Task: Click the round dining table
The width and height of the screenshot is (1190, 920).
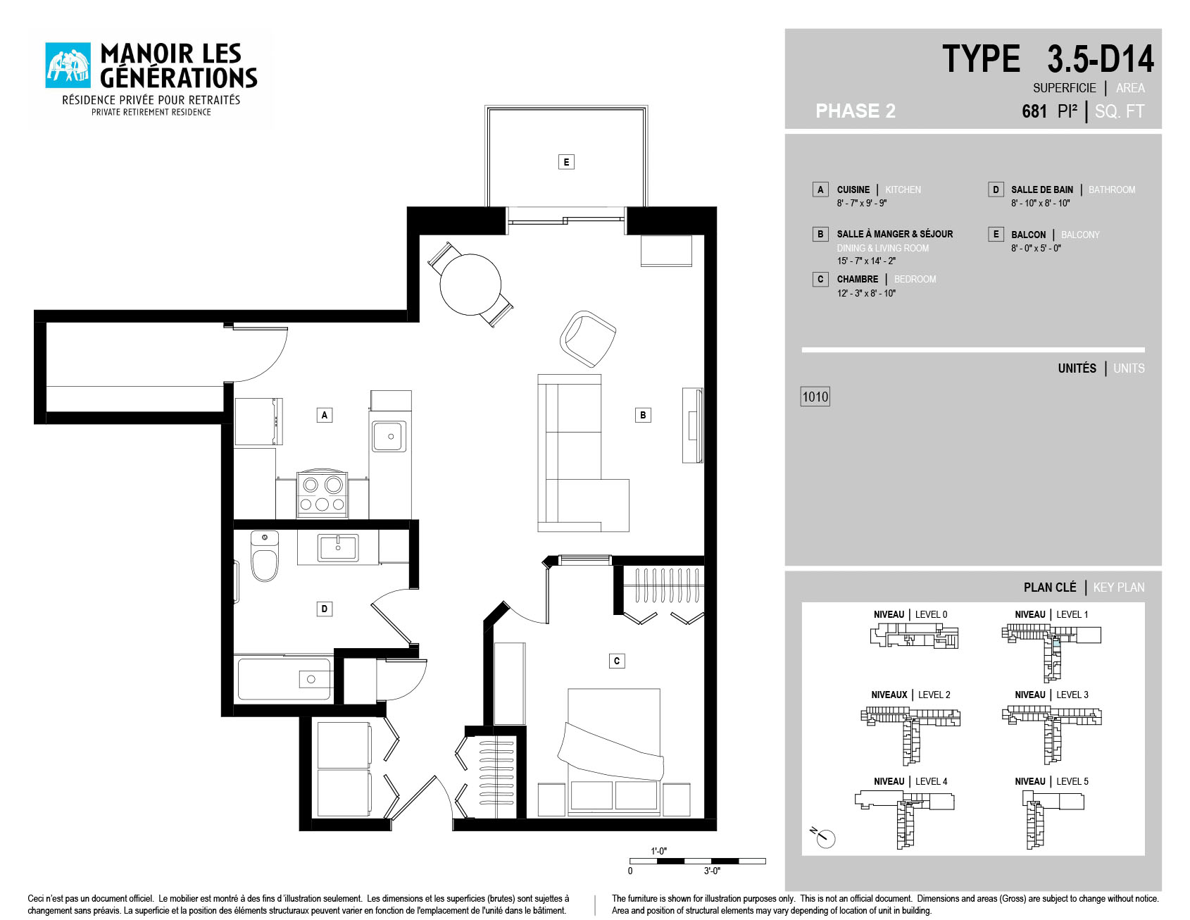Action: point(470,285)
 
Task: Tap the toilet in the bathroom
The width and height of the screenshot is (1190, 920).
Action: point(265,557)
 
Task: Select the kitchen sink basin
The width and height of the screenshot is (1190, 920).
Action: point(389,436)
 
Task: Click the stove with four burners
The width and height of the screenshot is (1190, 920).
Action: point(322,494)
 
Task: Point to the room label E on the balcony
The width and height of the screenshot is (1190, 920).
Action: point(566,162)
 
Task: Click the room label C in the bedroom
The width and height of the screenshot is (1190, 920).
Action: point(617,661)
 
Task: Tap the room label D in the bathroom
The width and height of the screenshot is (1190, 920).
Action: point(325,609)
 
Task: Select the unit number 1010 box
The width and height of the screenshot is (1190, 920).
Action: point(815,397)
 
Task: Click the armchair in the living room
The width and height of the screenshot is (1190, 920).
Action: point(588,338)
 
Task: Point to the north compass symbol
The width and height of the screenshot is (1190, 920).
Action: point(825,838)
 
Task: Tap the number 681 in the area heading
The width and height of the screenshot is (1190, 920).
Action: point(1034,111)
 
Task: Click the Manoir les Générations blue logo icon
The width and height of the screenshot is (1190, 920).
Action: point(68,66)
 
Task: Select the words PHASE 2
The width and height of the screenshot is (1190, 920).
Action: point(856,111)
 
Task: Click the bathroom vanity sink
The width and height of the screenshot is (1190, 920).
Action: point(338,547)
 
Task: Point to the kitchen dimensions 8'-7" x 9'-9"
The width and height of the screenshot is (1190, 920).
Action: point(862,203)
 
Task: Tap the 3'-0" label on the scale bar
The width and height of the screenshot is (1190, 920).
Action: point(712,871)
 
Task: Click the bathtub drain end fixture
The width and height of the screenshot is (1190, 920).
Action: point(311,679)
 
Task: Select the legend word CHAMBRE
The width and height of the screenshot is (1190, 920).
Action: point(858,279)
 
